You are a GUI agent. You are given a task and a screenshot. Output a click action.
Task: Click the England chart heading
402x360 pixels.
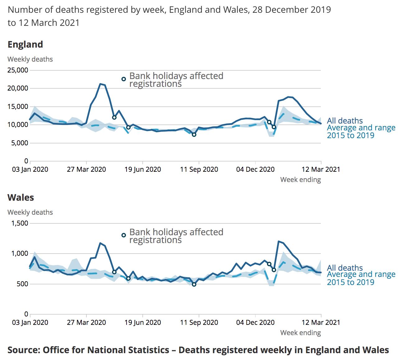(x=25, y=44)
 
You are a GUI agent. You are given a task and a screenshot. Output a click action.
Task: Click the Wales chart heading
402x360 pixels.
(x=21, y=198)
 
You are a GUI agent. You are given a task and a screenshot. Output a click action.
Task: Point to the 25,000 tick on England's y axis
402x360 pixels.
(x=18, y=70)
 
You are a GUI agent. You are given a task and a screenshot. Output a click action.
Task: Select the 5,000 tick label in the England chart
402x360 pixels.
(x=19, y=143)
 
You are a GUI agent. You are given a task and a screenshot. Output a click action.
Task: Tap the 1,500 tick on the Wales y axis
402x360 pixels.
(x=20, y=223)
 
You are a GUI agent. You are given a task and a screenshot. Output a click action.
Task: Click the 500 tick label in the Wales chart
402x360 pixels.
(x=22, y=284)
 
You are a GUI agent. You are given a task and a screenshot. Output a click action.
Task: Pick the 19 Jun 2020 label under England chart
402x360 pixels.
(x=143, y=170)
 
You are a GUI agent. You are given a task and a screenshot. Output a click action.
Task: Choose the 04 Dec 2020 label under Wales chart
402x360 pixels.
(x=255, y=323)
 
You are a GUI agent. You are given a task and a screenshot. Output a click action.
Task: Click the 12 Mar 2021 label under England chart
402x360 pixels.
(x=321, y=170)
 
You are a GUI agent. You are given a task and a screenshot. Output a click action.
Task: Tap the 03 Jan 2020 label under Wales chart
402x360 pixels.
(x=30, y=323)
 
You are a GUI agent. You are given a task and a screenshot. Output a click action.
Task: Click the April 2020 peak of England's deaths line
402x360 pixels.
(x=100, y=84)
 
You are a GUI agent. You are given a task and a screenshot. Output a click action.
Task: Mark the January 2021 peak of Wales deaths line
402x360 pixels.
(x=279, y=241)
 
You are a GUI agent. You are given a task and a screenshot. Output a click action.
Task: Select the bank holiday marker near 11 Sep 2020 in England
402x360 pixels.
(x=194, y=135)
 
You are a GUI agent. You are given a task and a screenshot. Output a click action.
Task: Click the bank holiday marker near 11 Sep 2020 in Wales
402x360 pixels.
(x=194, y=284)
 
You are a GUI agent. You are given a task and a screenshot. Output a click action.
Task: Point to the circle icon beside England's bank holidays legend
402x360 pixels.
(x=123, y=79)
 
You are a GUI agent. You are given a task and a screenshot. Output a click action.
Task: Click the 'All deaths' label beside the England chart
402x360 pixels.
(x=345, y=121)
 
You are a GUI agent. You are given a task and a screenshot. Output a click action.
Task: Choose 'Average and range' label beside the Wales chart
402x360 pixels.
(x=361, y=274)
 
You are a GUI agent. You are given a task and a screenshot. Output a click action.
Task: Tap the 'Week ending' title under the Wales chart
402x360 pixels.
(x=300, y=333)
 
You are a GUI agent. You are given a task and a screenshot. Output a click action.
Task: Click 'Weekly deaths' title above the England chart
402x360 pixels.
(x=30, y=59)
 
